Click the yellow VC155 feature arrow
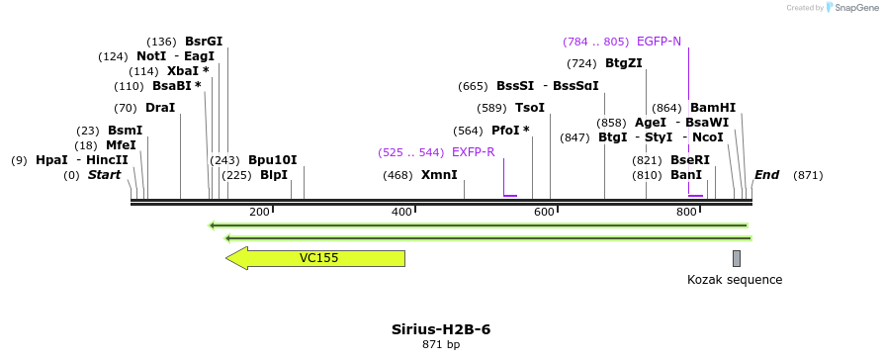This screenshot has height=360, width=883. [x=316, y=258]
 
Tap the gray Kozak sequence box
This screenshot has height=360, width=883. [x=737, y=258]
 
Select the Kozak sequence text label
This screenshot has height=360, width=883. [x=735, y=280]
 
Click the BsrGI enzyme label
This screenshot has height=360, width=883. [x=204, y=42]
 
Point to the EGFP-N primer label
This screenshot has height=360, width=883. [x=659, y=42]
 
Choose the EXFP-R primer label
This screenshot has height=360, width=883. [x=473, y=152]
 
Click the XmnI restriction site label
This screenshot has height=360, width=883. [x=439, y=175]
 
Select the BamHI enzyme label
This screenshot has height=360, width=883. [x=713, y=108]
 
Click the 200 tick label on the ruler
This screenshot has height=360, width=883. [x=260, y=213]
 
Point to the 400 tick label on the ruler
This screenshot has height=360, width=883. [x=402, y=213]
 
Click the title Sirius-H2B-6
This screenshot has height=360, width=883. [x=441, y=328]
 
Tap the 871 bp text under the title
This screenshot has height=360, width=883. [x=441, y=344]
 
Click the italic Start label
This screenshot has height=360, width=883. [x=104, y=175]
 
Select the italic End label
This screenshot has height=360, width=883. [x=766, y=175]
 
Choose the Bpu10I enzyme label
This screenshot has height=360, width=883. [x=272, y=159]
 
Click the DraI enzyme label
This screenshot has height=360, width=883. [x=159, y=108]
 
